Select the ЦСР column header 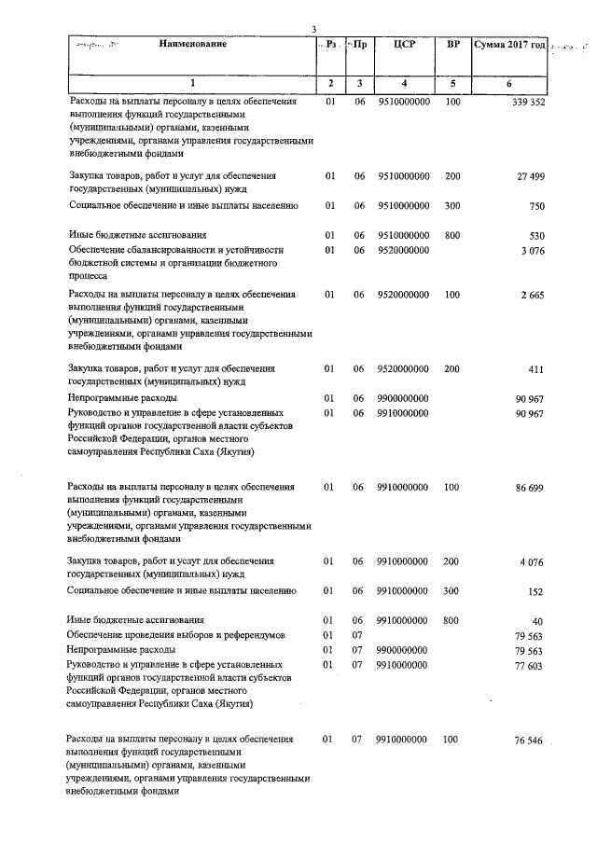tap(404, 44)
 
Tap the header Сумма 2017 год tap(508, 44)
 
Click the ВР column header tap(453, 44)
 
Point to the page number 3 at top tap(314, 29)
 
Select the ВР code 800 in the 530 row tap(452, 236)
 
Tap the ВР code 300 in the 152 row tap(452, 591)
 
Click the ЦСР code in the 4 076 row tap(404, 561)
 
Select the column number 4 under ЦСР tap(404, 85)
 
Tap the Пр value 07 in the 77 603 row tap(357, 665)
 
